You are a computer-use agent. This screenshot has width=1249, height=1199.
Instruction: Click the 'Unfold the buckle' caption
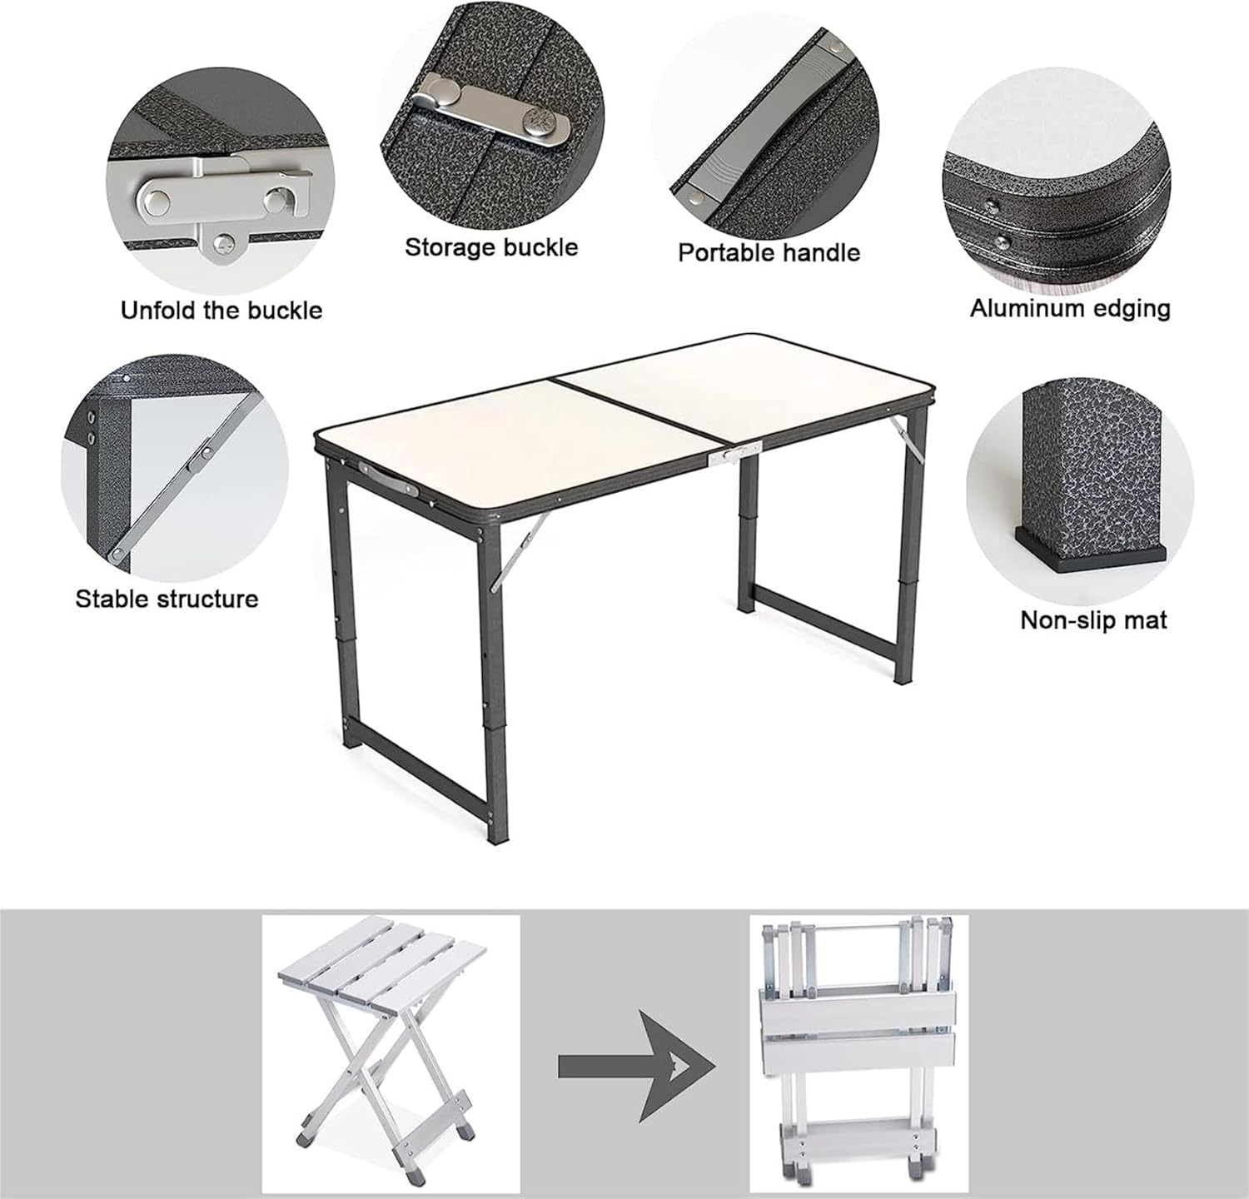click(x=221, y=311)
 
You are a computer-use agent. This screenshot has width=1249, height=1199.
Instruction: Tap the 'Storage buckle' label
click(x=490, y=247)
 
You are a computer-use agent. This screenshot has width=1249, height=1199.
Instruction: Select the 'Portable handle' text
click(x=769, y=252)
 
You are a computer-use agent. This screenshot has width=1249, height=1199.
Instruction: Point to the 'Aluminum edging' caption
click(x=1070, y=308)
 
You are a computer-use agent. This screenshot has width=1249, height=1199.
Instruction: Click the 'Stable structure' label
click(x=167, y=599)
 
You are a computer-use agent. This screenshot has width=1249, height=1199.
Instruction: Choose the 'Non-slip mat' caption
click(x=1093, y=620)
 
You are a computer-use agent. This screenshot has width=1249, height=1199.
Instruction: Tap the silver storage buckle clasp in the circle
click(x=491, y=108)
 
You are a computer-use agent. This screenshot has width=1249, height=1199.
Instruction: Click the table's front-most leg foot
click(x=497, y=837)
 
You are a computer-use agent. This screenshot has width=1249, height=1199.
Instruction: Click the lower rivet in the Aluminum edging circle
click(x=1002, y=243)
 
